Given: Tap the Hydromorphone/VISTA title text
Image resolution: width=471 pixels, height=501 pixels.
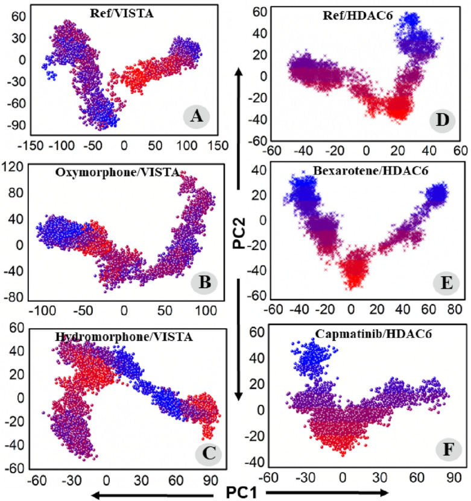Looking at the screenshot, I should coord(139,337).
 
